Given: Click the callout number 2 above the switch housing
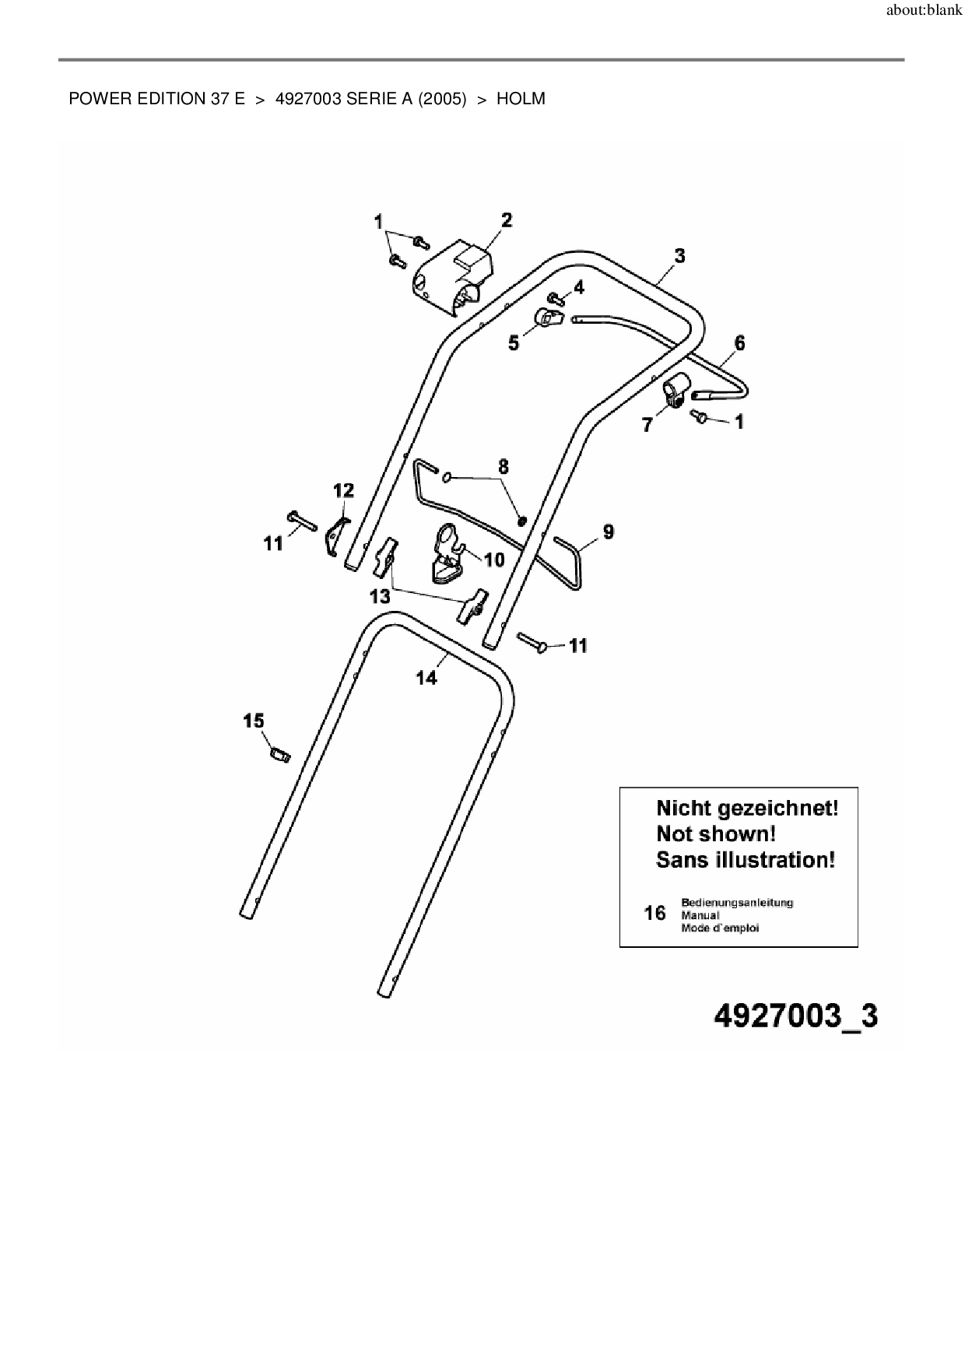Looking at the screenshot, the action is (507, 220).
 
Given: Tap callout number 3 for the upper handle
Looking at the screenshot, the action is (679, 255).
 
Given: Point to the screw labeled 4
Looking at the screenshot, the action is (555, 297).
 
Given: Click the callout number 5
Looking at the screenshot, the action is (514, 343).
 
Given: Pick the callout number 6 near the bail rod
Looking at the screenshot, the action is (739, 342).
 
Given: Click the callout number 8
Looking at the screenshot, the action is (504, 466).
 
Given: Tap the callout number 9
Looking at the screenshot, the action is (609, 532).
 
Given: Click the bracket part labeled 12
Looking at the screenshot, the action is (336, 535).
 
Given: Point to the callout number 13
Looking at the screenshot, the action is (380, 597).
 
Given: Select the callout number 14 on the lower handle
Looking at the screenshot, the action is (426, 678).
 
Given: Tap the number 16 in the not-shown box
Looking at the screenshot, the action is (655, 913).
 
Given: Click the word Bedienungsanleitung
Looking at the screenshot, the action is (737, 903).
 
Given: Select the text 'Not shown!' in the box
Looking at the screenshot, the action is (716, 833).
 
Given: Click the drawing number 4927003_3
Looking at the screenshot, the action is (795, 1016).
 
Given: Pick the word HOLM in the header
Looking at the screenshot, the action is (521, 99).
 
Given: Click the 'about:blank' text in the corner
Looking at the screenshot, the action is (925, 12).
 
